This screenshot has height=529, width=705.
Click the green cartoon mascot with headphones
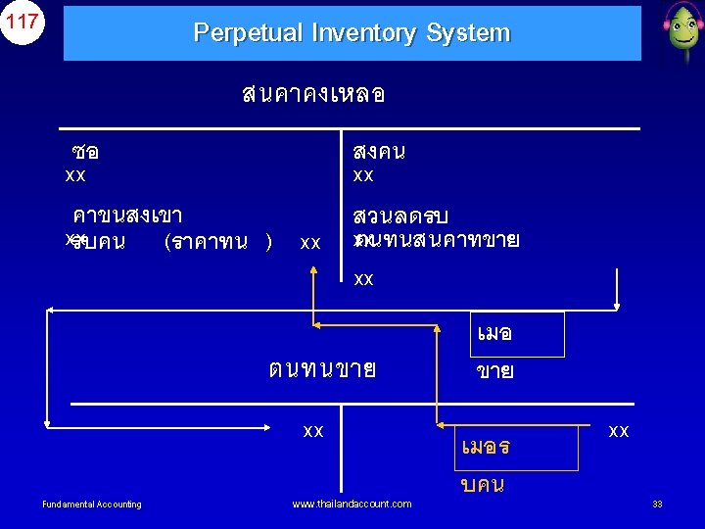pos(680,31)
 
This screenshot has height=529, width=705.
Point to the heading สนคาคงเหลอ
pos(313,94)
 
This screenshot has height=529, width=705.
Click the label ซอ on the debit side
pos(85,153)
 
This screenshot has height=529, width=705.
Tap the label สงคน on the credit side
pos(380,153)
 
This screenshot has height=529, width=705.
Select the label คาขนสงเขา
pos(127,216)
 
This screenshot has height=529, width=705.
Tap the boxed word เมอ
pos(494,334)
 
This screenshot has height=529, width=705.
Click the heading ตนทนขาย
pos(322,370)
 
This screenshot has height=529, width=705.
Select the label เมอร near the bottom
pos(485,448)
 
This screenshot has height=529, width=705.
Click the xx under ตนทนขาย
pos(313,431)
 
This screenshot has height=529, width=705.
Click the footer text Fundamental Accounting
pos(92,505)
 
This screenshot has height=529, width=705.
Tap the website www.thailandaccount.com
pos(352,504)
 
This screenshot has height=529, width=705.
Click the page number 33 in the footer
pos(658,505)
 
